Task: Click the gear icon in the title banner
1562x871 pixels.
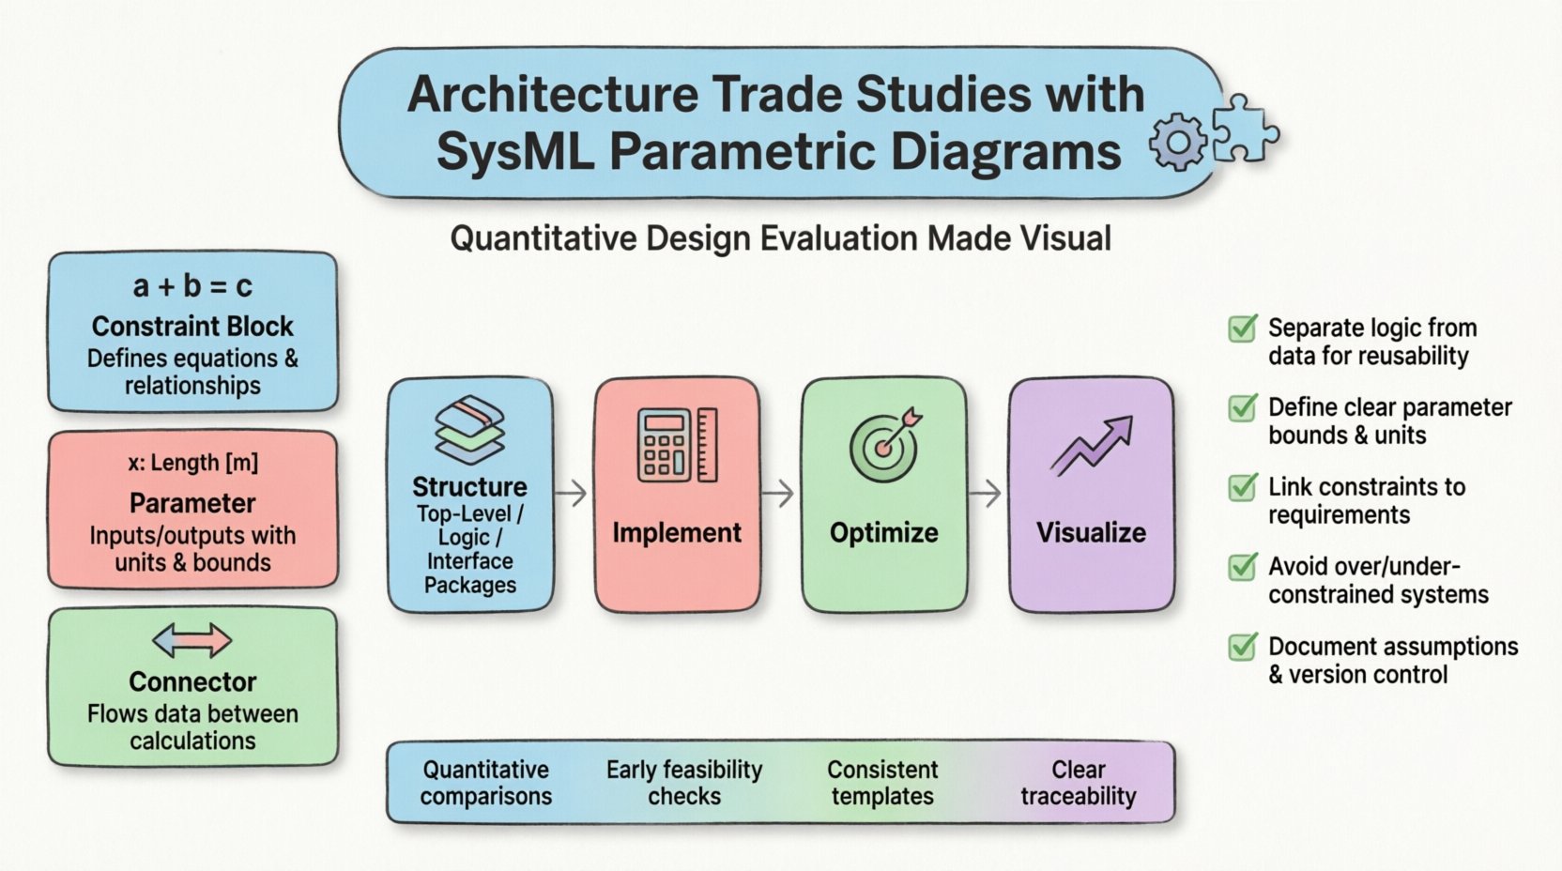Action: pyautogui.click(x=1177, y=143)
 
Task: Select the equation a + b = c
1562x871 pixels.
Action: pyautogui.click(x=192, y=285)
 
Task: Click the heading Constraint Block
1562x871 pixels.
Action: pyautogui.click(x=192, y=327)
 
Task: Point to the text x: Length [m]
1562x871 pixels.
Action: pyautogui.click(x=192, y=463)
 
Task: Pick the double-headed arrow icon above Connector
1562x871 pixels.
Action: pyautogui.click(x=192, y=641)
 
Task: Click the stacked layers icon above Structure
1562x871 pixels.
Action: pyautogui.click(x=469, y=430)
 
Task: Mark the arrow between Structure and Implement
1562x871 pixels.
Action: pyautogui.click(x=572, y=493)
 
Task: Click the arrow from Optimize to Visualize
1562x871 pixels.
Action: pyautogui.click(x=986, y=493)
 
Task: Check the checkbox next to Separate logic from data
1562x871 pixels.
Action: pyautogui.click(x=1243, y=329)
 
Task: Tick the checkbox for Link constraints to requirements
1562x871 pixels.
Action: pyautogui.click(x=1243, y=488)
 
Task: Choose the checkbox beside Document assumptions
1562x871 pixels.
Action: pyautogui.click(x=1243, y=647)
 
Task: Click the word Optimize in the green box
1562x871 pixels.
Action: pyautogui.click(x=884, y=532)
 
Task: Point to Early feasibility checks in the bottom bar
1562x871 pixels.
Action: pyautogui.click(x=684, y=783)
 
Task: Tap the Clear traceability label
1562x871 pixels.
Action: pyautogui.click(x=1079, y=783)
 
